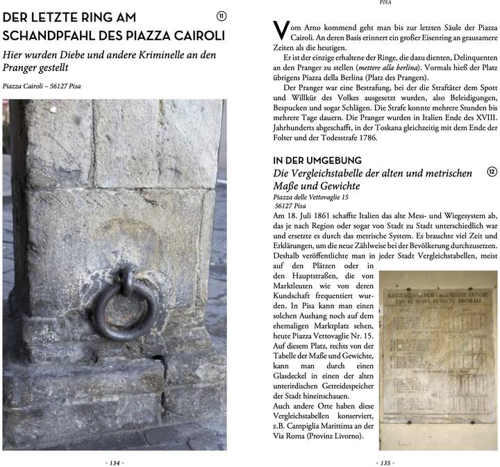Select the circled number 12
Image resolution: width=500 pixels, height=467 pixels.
pos(492,172)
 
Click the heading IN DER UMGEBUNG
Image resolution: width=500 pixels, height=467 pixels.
pos(317,160)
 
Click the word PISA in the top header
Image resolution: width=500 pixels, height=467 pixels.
pos(385,3)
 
